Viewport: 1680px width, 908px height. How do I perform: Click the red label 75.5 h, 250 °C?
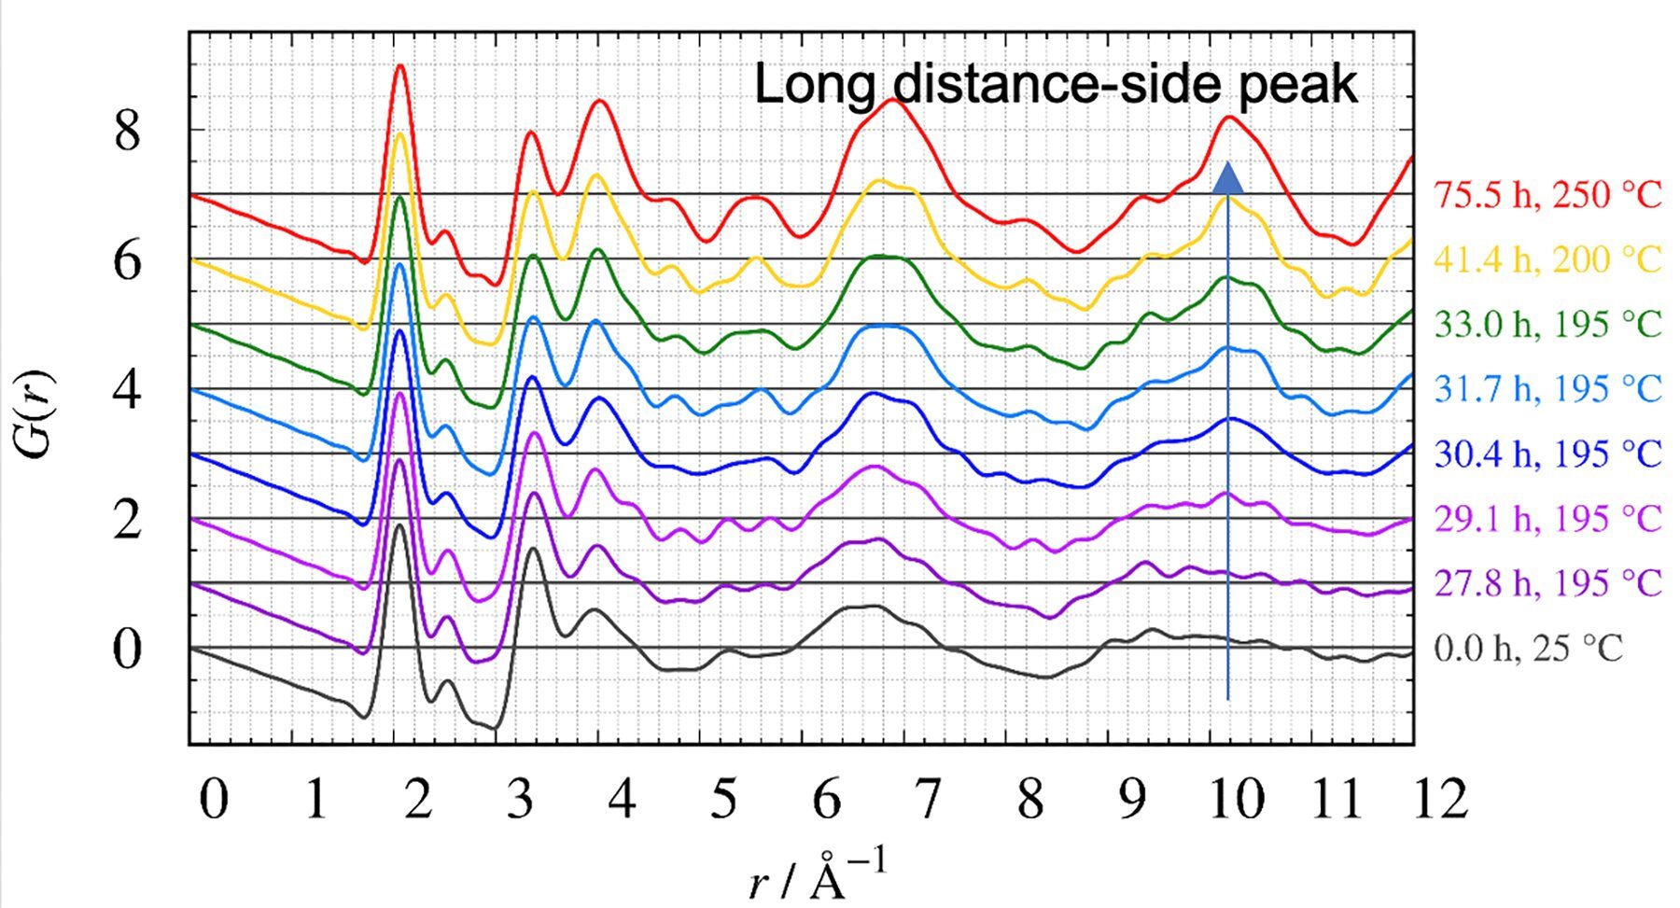1547,196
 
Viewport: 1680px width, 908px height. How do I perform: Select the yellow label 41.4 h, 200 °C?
1547,260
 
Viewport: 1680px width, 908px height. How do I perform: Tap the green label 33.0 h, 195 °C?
1547,325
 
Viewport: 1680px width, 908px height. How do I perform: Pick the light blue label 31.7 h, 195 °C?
1547,389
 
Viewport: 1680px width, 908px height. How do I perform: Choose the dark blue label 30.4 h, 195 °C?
1547,454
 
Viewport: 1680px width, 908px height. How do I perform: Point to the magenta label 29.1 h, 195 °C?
1547,519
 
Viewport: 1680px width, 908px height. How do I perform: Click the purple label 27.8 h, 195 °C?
1547,583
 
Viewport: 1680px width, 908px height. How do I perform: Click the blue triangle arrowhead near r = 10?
1227,177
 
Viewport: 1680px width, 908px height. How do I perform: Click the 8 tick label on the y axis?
127,131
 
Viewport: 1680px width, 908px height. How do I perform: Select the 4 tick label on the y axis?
127,390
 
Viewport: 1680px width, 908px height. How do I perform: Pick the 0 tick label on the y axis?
127,650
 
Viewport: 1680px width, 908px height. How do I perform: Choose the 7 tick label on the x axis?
929,801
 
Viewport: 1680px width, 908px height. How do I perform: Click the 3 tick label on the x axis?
521,801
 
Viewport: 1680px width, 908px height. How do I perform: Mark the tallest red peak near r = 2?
400,65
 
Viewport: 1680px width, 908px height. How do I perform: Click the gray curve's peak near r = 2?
399,525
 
